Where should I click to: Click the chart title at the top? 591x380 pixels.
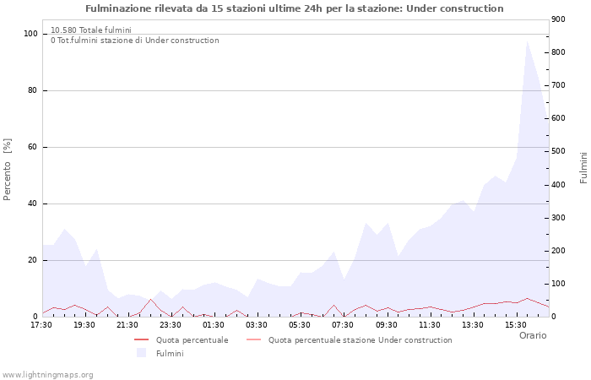click(x=295, y=8)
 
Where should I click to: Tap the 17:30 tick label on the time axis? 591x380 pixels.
click(x=41, y=324)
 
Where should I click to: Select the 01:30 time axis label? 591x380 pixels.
click(x=214, y=324)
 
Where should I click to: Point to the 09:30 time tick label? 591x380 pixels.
click(x=386, y=324)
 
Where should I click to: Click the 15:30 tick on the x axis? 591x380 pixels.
click(x=515, y=324)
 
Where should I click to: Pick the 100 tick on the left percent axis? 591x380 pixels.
click(x=31, y=34)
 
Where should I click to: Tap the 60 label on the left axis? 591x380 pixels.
click(x=34, y=147)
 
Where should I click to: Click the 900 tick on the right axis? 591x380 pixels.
click(x=559, y=19)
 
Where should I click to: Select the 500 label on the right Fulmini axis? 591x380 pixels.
click(x=559, y=151)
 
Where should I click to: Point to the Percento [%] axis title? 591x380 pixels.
click(x=8, y=170)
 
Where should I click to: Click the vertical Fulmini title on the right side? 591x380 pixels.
click(x=583, y=167)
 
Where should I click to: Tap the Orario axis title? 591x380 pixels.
click(x=532, y=335)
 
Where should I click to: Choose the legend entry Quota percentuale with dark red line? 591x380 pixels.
click(x=192, y=340)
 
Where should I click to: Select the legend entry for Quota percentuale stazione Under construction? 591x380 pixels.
click(x=360, y=340)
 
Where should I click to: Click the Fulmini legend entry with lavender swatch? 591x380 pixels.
click(x=170, y=353)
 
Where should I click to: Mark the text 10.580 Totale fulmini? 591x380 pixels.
click(x=90, y=30)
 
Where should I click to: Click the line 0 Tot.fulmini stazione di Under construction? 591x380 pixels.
click(x=134, y=41)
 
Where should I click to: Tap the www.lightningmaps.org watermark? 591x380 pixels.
click(x=47, y=374)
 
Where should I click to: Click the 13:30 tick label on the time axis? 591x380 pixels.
click(x=472, y=324)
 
